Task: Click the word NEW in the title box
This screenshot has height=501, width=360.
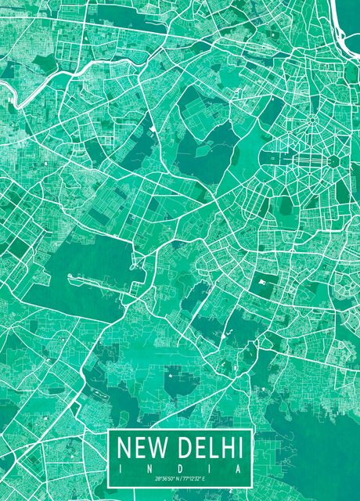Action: (x=143, y=449)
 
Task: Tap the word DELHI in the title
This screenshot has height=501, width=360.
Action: (x=209, y=449)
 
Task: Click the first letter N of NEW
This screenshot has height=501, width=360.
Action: (x=124, y=449)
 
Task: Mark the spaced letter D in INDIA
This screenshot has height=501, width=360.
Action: (x=180, y=467)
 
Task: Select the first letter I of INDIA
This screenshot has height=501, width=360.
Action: (x=121, y=467)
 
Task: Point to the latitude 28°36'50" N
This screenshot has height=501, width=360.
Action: (x=166, y=478)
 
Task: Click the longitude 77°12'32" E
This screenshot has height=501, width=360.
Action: (x=195, y=478)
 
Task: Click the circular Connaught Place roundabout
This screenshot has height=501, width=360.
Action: (x=314, y=122)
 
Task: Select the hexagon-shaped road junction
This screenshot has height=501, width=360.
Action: (x=333, y=160)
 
